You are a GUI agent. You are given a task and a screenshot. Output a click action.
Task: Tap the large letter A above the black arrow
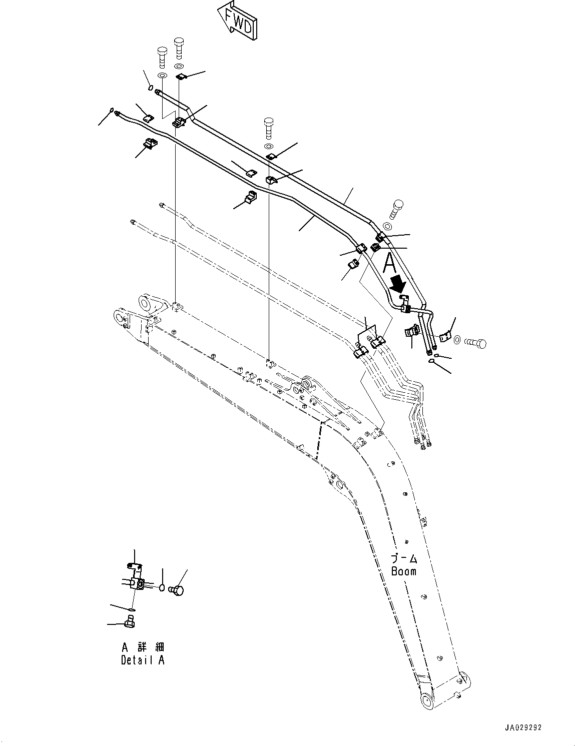click(390, 263)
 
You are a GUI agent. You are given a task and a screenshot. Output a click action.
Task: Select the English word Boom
click(403, 571)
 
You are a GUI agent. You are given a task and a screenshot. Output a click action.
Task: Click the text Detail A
click(143, 660)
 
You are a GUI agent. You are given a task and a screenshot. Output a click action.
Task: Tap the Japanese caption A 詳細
click(143, 646)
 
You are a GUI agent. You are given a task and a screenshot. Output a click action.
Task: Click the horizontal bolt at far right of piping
click(476, 343)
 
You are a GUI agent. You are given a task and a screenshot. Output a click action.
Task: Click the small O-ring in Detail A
click(162, 587)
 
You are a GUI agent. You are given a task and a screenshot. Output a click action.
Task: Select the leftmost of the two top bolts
click(162, 58)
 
